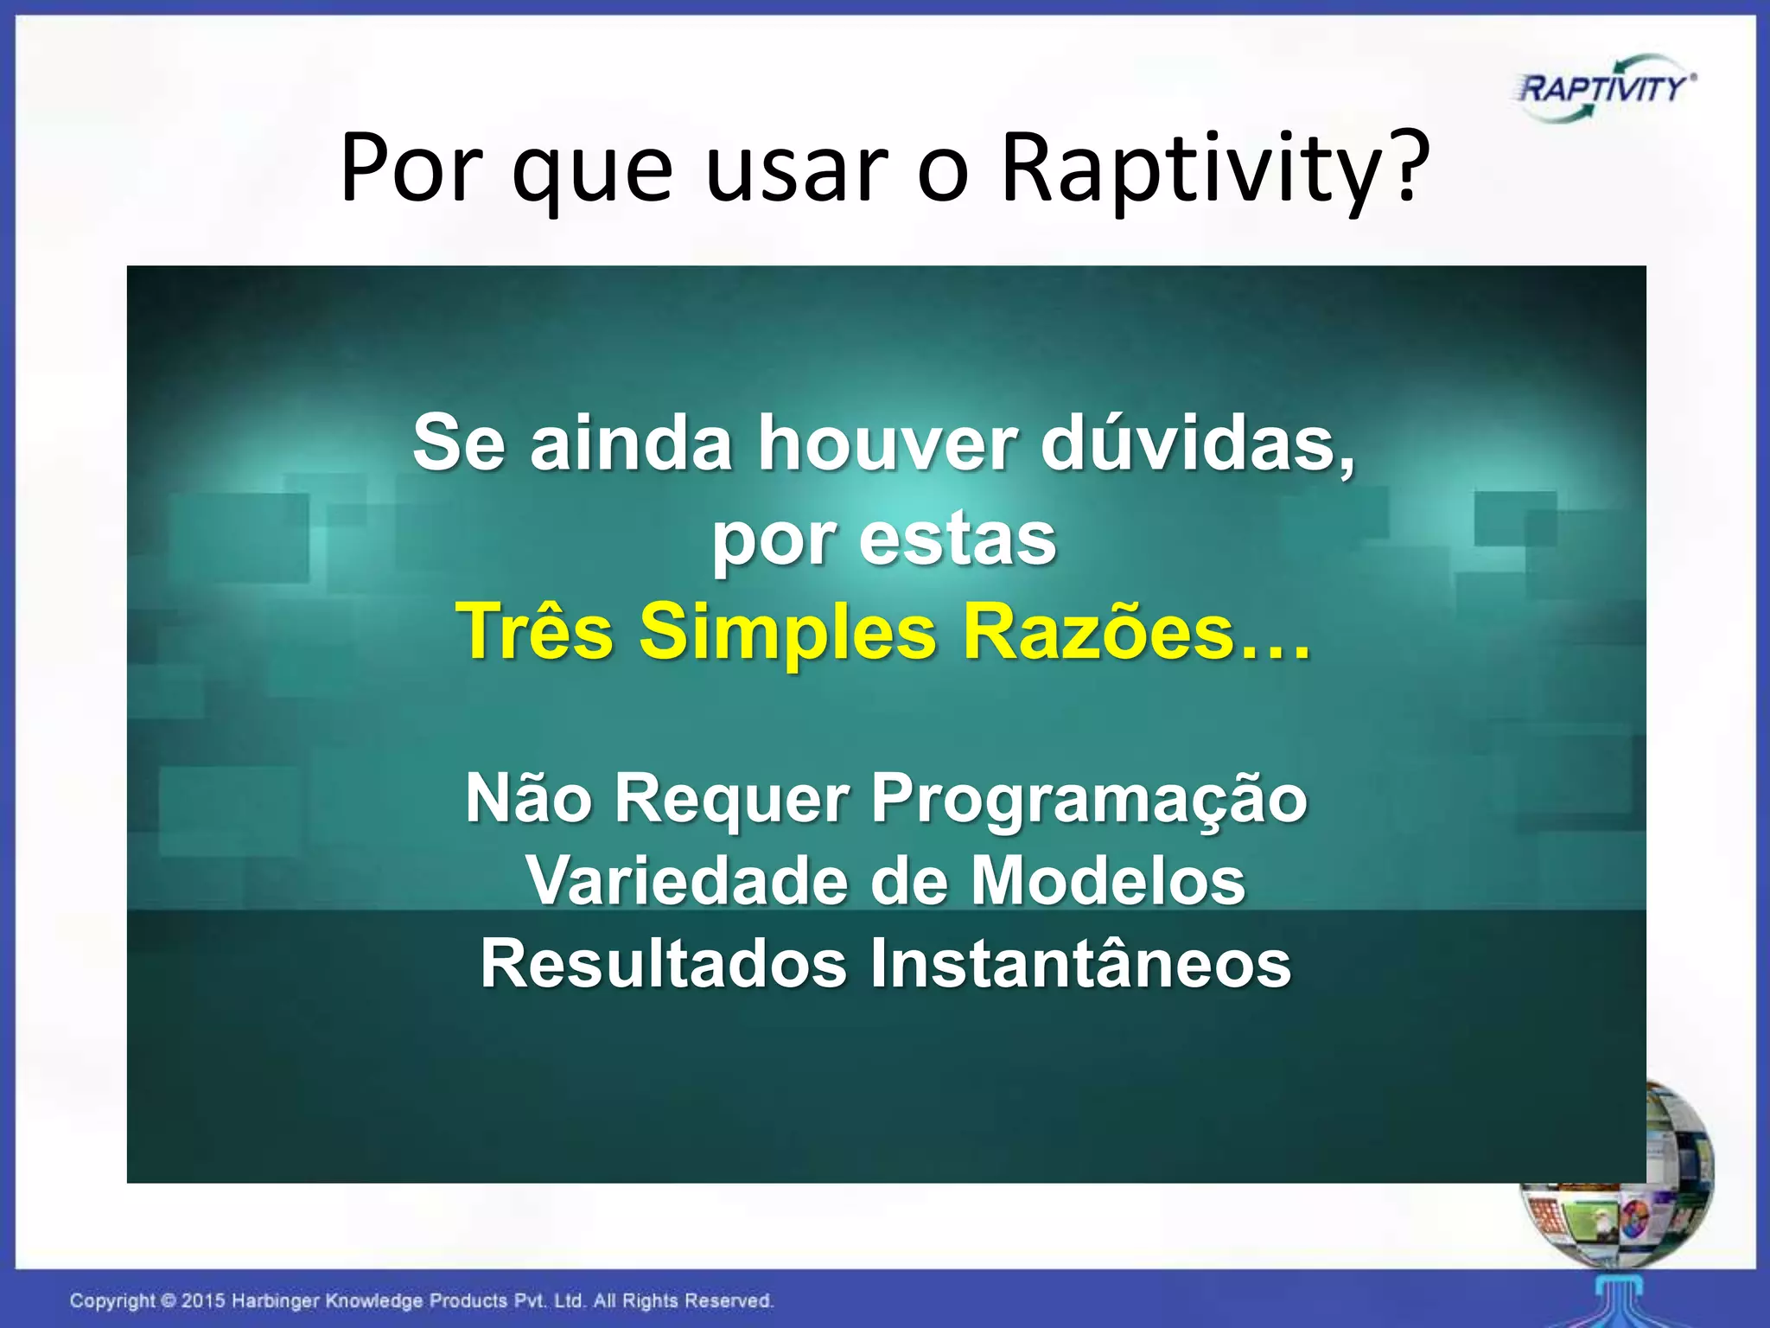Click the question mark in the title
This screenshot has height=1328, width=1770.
1405,164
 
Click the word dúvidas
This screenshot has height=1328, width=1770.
1196,443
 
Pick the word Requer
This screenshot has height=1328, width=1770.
732,798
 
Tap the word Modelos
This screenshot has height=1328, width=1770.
1107,881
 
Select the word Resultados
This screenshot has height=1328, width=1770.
663,964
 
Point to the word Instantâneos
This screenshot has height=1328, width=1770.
1080,964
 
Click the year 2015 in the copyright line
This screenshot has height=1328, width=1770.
203,1300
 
